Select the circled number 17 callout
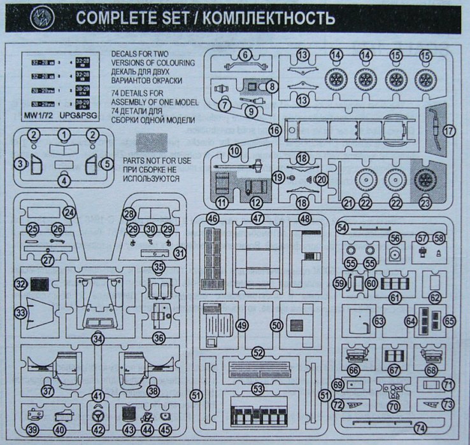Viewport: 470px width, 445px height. (x=450, y=130)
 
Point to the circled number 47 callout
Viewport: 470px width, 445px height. (x=258, y=217)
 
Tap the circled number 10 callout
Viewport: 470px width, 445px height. (x=235, y=151)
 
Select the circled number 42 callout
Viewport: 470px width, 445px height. (x=97, y=429)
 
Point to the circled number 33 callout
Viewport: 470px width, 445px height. (x=22, y=312)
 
